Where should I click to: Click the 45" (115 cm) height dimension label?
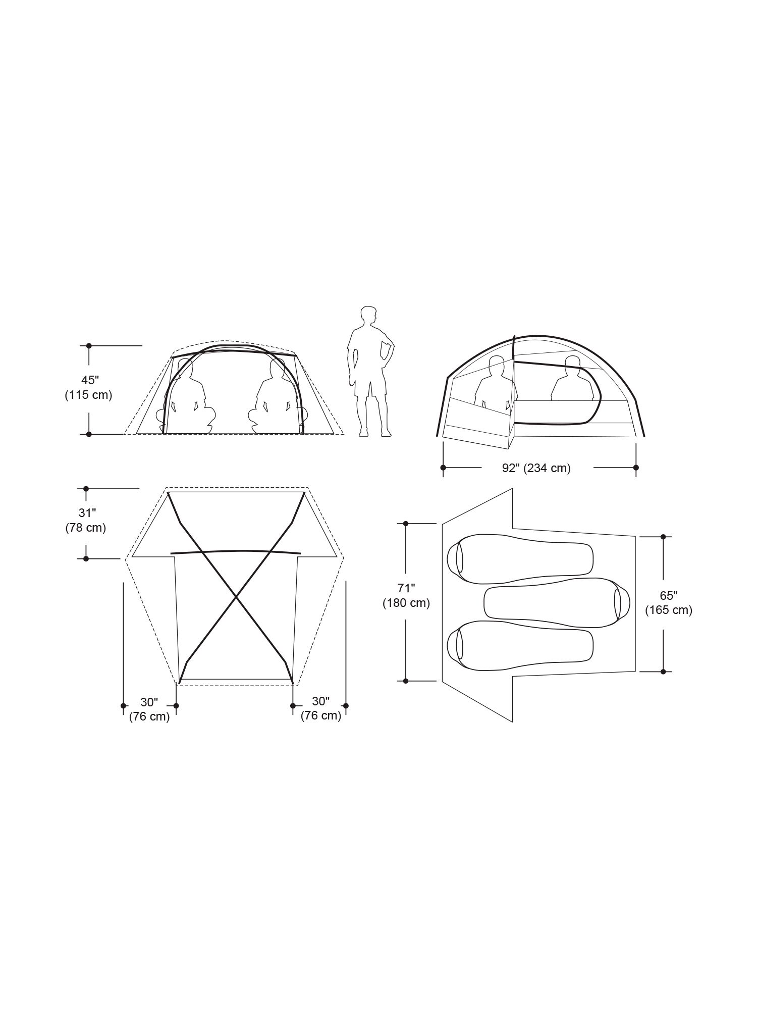tap(88, 387)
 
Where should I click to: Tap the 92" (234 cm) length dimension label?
tap(536, 468)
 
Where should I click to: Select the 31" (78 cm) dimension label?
tap(86, 521)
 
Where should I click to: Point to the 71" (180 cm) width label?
tap(406, 595)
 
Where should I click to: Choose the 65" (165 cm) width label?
tap(669, 603)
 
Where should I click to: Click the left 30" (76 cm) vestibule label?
tap(149, 709)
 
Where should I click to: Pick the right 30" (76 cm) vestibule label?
tap(321, 709)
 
